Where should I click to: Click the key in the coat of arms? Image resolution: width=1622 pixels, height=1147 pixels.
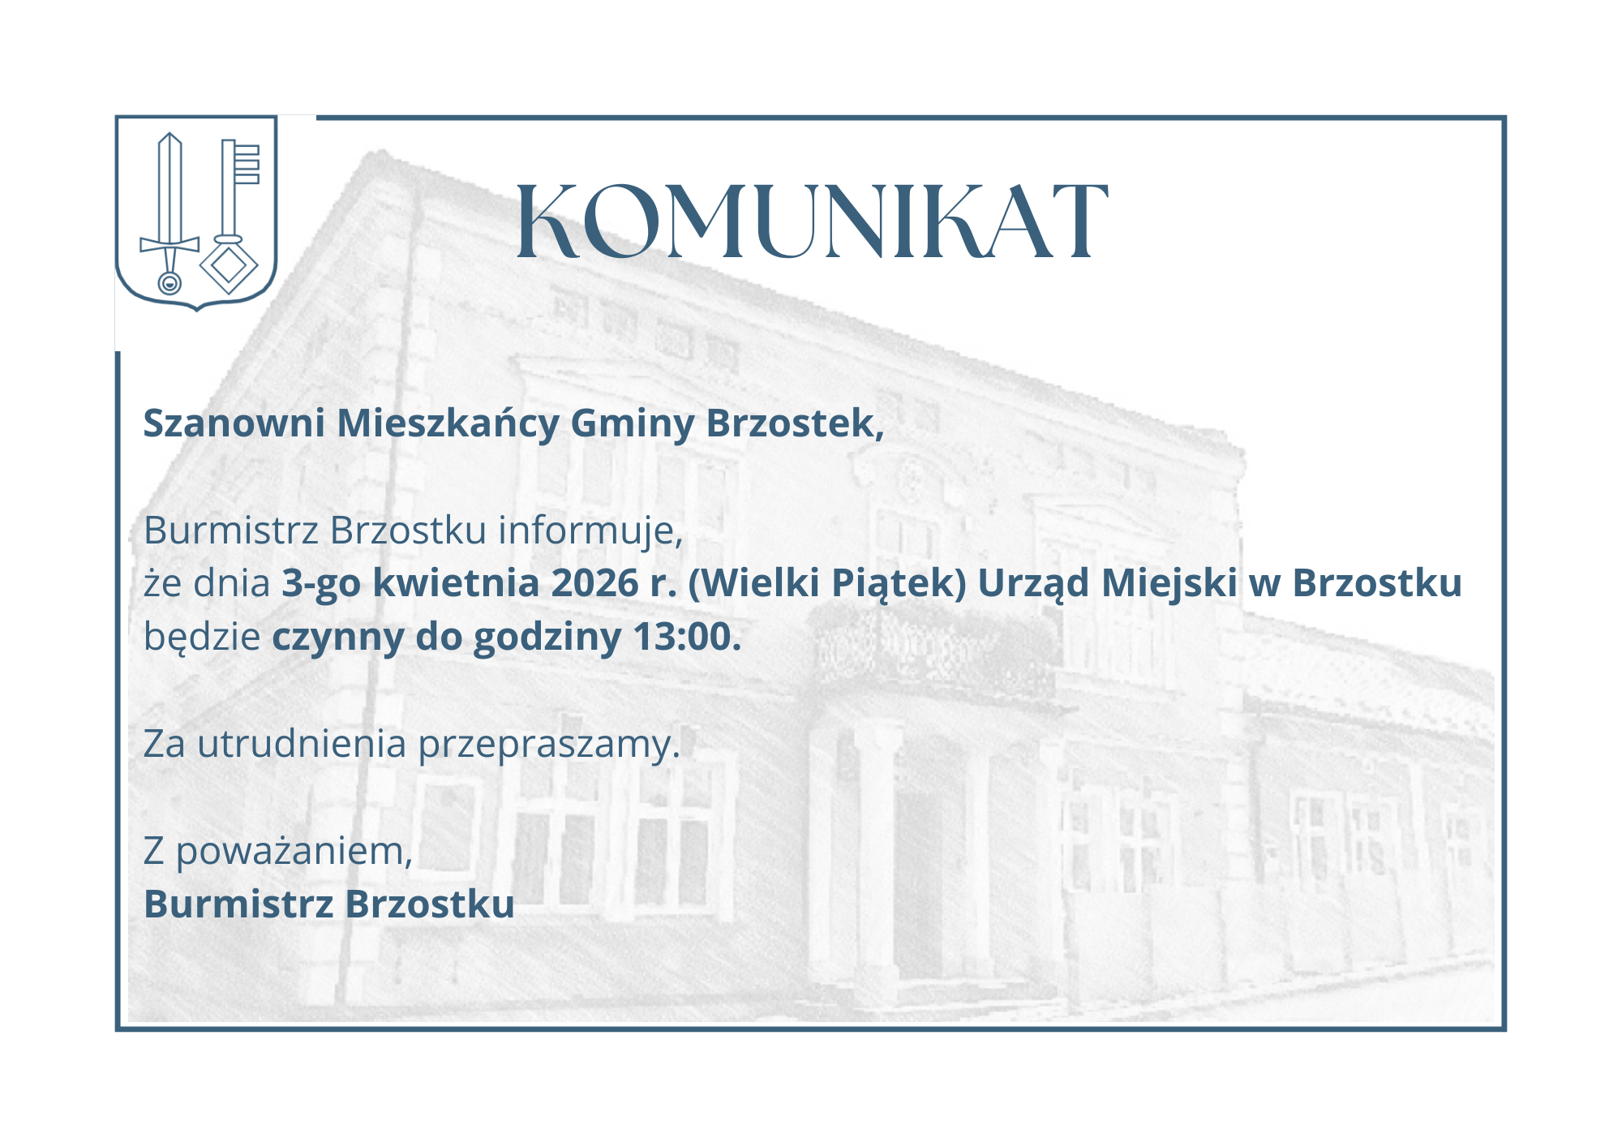(x=230, y=217)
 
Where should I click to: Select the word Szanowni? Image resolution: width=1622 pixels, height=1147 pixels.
(x=234, y=423)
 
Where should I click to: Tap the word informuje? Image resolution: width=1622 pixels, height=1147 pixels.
(x=590, y=532)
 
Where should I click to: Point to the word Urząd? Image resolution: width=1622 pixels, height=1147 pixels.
(x=1033, y=585)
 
